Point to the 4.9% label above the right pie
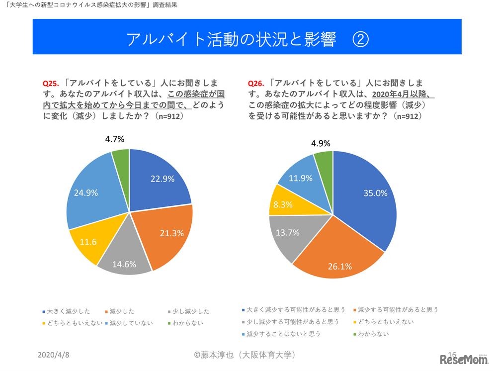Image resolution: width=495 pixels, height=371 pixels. [x=321, y=143]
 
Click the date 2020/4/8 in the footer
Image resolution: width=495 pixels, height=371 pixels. [x=54, y=355]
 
